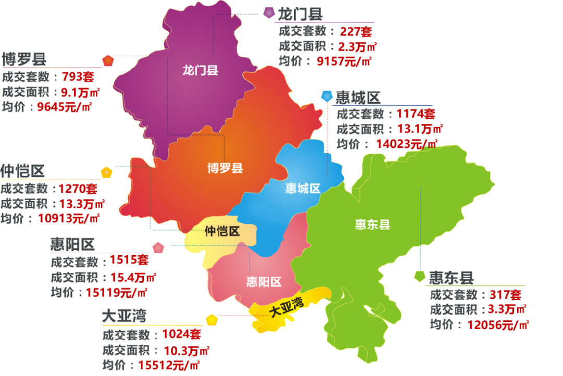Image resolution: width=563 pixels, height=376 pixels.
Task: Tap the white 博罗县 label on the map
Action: (225, 168)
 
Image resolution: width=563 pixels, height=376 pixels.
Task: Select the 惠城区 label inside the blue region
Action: (303, 189)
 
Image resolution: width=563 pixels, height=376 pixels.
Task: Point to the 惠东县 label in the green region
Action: (373, 224)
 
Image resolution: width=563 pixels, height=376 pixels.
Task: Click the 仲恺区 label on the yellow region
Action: (222, 231)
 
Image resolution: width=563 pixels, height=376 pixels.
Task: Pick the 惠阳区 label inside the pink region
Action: (264, 282)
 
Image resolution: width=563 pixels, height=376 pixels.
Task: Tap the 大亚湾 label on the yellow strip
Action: (286, 308)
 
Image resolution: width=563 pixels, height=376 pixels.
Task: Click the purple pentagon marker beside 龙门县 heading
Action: (269, 12)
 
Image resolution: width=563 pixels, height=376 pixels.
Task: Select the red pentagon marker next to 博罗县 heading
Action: (108, 60)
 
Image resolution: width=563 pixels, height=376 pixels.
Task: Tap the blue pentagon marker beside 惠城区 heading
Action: (327, 96)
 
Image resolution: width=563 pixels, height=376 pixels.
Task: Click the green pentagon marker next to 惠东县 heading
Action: (419, 275)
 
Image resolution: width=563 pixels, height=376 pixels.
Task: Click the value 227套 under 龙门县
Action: (356, 31)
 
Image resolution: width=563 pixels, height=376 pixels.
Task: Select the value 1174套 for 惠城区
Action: (415, 114)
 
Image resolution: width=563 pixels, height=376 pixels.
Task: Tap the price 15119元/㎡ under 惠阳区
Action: (115, 292)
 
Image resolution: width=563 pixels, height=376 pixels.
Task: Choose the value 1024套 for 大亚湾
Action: (181, 334)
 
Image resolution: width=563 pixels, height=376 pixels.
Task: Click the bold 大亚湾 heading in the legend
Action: (124, 316)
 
